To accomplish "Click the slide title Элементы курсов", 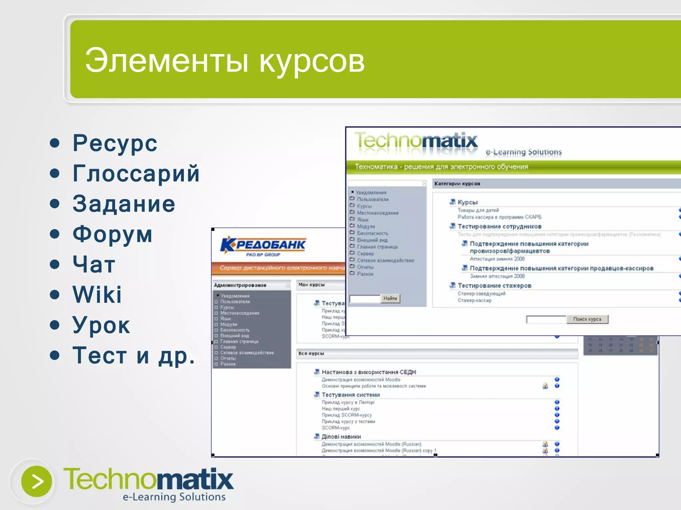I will pyautogui.click(x=225, y=61).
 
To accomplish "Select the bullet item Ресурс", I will pyautogui.click(x=115, y=143).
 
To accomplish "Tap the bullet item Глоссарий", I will pyautogui.click(x=136, y=173).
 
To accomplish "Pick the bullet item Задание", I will pyautogui.click(x=124, y=204).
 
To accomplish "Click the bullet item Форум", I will pyautogui.click(x=112, y=234).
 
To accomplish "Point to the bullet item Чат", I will pyautogui.click(x=94, y=264).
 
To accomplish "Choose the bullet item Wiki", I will pyautogui.click(x=97, y=295).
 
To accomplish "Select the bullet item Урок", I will pyautogui.click(x=101, y=325).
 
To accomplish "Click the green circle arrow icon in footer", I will pyautogui.click(x=36, y=481).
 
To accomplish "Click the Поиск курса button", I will pyautogui.click(x=587, y=319).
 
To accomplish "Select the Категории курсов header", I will pyautogui.click(x=457, y=184).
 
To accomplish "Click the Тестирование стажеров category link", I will pyautogui.click(x=494, y=286).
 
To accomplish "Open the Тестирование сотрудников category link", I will pyautogui.click(x=499, y=226).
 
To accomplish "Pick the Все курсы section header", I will pyautogui.click(x=311, y=354).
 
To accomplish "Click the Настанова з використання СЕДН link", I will pyautogui.click(x=368, y=372).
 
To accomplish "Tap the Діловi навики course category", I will pyautogui.click(x=341, y=437).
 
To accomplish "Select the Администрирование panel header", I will pyautogui.click(x=240, y=285).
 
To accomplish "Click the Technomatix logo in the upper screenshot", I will pyautogui.click(x=416, y=141).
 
